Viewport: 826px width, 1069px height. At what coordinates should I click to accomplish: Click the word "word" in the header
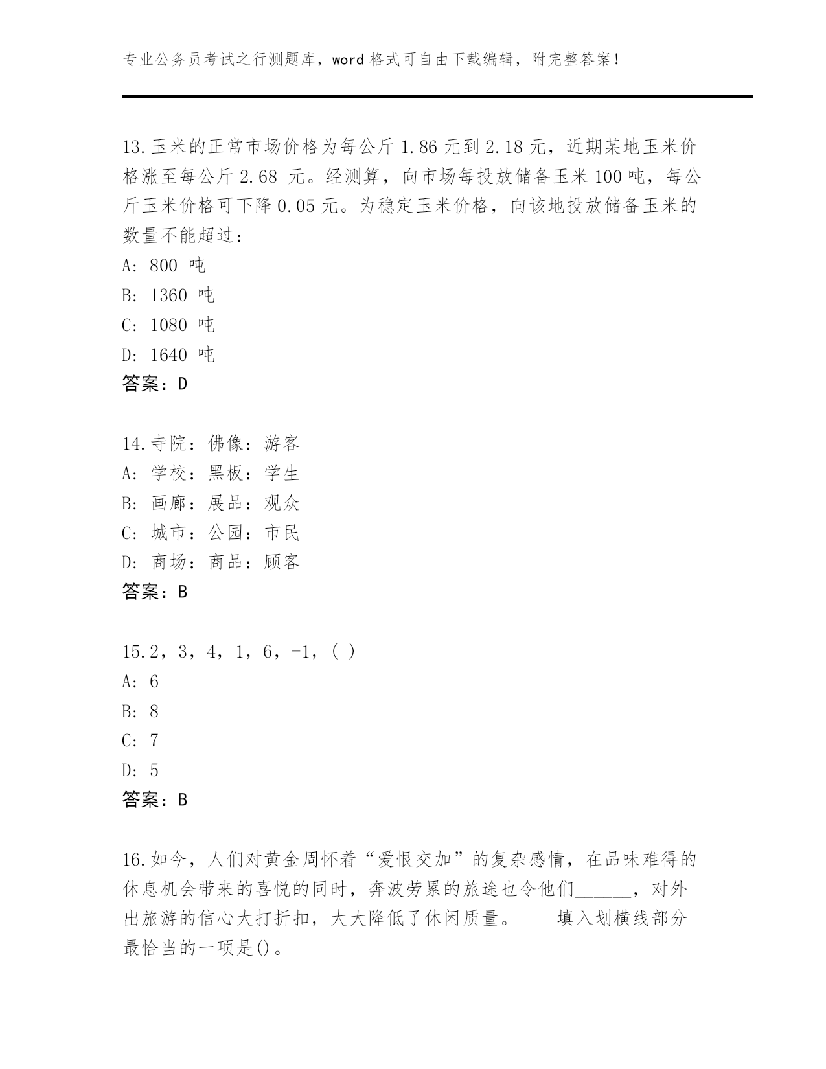point(349,60)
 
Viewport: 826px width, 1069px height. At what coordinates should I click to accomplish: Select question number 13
point(133,147)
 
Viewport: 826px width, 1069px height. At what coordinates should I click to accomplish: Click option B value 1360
point(168,295)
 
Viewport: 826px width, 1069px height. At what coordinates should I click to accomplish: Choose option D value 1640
point(168,355)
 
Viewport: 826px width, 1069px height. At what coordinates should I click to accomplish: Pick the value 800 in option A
point(163,266)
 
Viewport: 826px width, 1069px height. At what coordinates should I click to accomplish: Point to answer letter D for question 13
point(182,384)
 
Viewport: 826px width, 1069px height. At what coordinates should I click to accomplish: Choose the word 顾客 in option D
point(282,562)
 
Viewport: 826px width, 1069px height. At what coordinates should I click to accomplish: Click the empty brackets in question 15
point(343,652)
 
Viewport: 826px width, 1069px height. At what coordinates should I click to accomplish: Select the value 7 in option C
point(154,741)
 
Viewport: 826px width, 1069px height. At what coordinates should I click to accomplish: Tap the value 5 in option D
point(154,770)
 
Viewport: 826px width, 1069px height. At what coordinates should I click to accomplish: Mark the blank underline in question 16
point(602,890)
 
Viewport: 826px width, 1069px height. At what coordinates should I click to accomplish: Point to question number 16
point(133,860)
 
